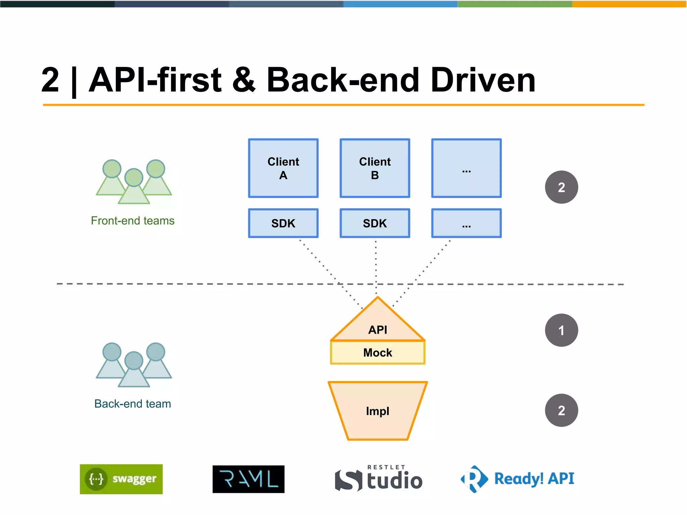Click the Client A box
[x=283, y=168]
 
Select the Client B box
[x=375, y=168]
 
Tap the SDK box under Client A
[x=283, y=223]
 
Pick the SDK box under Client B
[x=375, y=223]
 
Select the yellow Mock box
[x=378, y=353]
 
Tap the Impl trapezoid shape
[x=378, y=411]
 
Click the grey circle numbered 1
[x=561, y=330]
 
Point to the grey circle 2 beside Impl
[x=561, y=410]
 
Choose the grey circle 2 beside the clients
[x=561, y=187]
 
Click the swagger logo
[x=121, y=479]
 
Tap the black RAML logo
[x=248, y=479]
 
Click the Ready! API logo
[x=518, y=479]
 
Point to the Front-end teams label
[x=133, y=221]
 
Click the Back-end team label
[x=133, y=404]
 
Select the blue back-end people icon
[x=134, y=365]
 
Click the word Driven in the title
[x=483, y=80]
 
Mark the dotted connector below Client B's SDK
[x=376, y=265]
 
